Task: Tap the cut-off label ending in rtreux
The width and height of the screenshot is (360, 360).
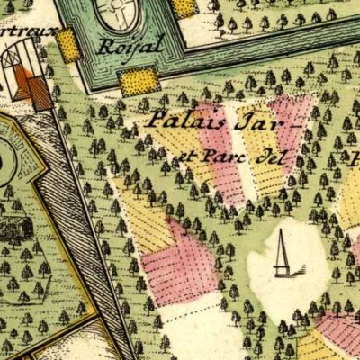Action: [x=27, y=30]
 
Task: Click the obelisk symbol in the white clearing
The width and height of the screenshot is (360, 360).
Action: [x=283, y=256]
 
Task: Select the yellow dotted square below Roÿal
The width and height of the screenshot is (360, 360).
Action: [x=139, y=81]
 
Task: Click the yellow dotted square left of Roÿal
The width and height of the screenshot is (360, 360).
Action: [x=68, y=44]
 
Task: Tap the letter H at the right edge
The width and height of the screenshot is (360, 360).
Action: [x=355, y=161]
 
